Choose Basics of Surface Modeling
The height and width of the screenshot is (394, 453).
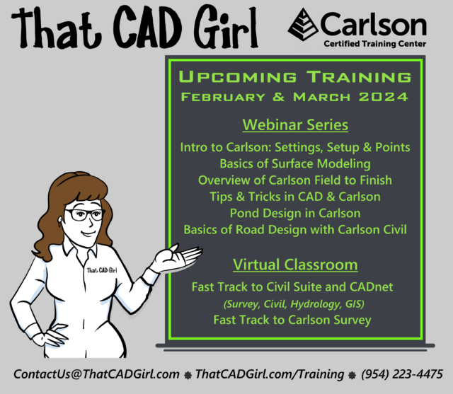295,163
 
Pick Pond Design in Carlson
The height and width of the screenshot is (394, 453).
295,213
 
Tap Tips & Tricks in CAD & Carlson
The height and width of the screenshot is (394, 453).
295,197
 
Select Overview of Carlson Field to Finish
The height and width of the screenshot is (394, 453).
295,180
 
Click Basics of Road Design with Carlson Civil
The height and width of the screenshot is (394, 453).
295,229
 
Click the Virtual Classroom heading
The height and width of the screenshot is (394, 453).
295,265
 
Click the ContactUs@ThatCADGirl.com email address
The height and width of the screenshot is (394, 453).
95,373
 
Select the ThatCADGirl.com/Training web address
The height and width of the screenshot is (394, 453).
272,373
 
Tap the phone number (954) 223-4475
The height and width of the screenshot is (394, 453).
402,373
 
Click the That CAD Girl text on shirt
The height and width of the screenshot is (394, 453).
102,270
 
